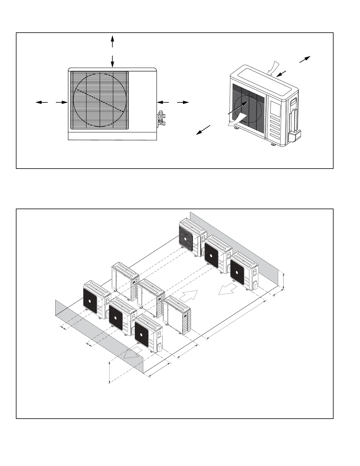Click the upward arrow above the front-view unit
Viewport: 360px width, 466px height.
[112, 41]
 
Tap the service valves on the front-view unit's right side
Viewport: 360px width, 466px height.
[161, 118]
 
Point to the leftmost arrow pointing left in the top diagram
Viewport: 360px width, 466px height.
[41, 102]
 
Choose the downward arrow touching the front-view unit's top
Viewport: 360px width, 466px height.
[112, 61]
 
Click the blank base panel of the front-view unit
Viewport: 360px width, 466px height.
[112, 136]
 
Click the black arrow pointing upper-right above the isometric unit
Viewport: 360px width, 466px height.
[305, 59]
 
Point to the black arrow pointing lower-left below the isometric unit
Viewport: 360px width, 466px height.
[204, 130]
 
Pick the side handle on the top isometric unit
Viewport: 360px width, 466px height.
[294, 102]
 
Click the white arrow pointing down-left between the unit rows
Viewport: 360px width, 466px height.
[227, 289]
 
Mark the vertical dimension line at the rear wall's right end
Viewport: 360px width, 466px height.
[284, 281]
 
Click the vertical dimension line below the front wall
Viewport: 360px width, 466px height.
[109, 372]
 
